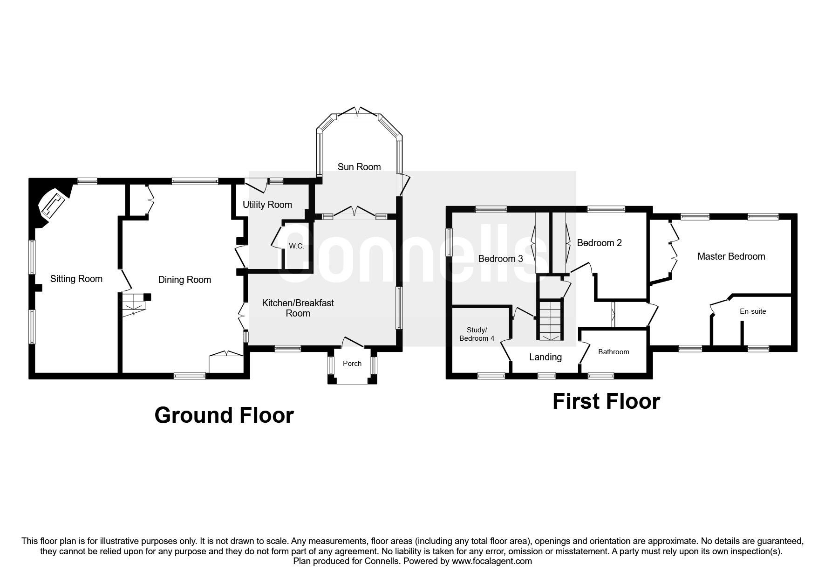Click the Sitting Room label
click(x=76, y=279)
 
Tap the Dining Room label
click(x=184, y=280)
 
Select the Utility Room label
click(x=267, y=205)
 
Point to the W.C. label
click(x=296, y=246)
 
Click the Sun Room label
click(x=359, y=167)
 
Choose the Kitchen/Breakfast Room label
click(x=298, y=308)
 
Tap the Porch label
click(x=352, y=364)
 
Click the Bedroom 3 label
click(x=500, y=259)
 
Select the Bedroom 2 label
click(x=599, y=243)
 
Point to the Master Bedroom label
click(x=731, y=256)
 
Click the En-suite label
click(x=753, y=311)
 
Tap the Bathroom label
click(x=614, y=352)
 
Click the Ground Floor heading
click(x=224, y=415)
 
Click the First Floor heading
click(x=606, y=401)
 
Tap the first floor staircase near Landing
click(x=552, y=321)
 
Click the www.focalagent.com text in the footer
click(x=491, y=561)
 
